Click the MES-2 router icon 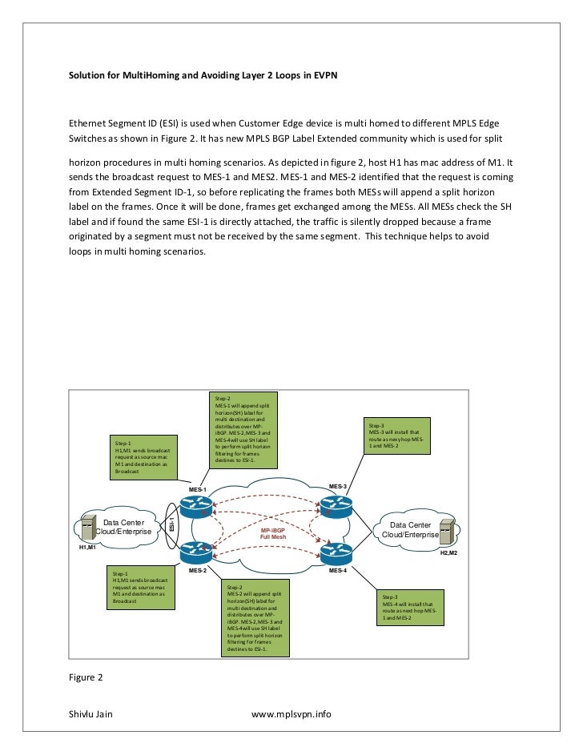tap(194, 552)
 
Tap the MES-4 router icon tap(336, 551)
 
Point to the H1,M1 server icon tap(86, 529)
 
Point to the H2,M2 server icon tap(448, 531)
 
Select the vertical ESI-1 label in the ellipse tap(171, 525)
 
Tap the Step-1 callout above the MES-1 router tap(144, 457)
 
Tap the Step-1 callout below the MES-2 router tap(143, 588)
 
